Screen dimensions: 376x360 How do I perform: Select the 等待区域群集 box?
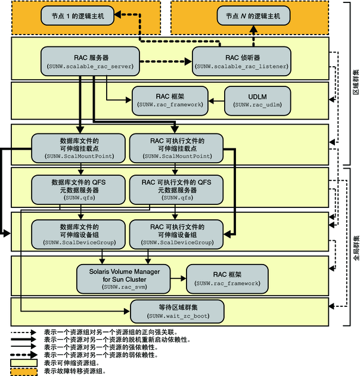(x=177, y=310)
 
